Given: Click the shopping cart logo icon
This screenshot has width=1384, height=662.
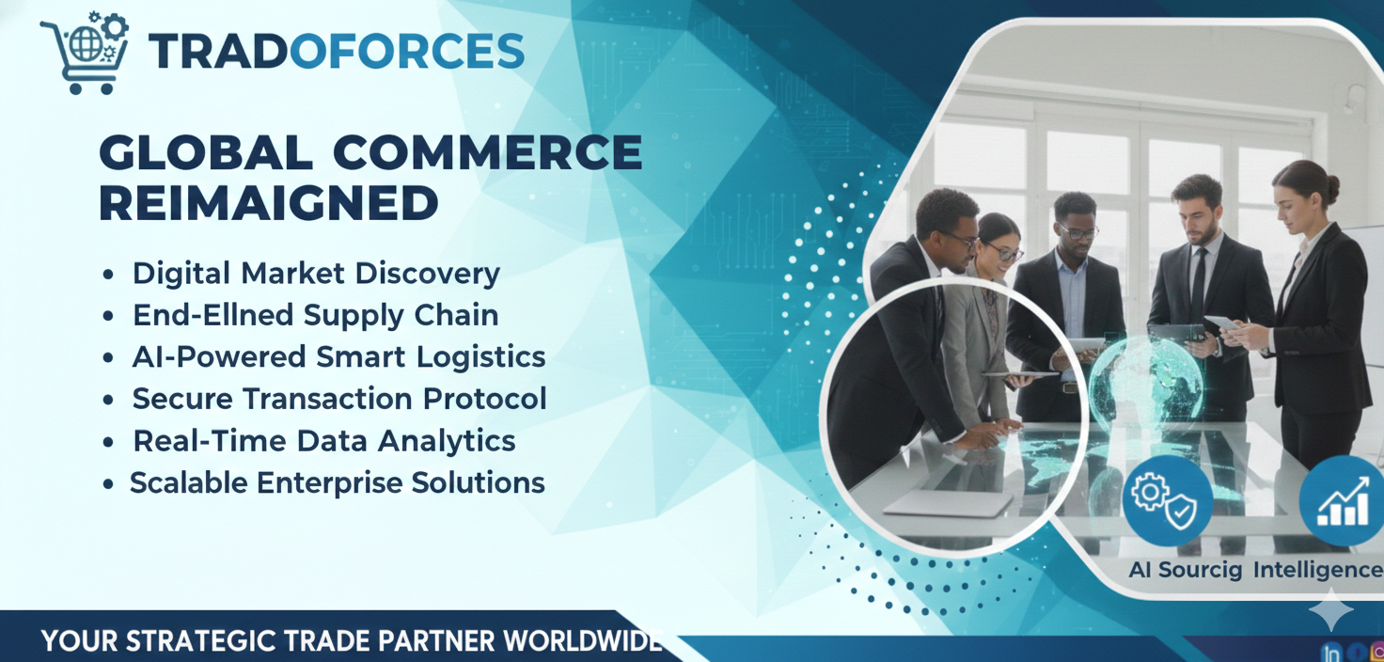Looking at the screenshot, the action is [x=85, y=54].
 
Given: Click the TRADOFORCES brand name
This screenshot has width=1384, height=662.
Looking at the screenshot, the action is [x=337, y=52].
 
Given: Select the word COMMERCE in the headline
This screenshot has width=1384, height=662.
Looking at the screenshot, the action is [x=488, y=152].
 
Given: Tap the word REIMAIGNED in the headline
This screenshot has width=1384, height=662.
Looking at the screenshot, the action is [x=269, y=203].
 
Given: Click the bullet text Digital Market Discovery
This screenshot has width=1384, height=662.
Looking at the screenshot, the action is [x=316, y=274].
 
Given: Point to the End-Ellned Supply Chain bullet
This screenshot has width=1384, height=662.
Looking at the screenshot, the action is [x=316, y=315].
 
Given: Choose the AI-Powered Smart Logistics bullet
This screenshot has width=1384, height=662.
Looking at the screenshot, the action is [x=338, y=356].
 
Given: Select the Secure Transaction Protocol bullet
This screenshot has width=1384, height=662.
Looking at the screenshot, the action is [x=339, y=398].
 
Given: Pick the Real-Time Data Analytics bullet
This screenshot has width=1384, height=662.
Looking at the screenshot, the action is [x=324, y=441].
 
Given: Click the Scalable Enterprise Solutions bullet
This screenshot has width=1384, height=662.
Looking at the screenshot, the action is [x=338, y=482].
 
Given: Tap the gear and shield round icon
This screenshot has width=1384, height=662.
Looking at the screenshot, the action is [x=1167, y=500].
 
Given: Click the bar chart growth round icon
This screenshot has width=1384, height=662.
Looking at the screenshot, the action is [x=1342, y=500].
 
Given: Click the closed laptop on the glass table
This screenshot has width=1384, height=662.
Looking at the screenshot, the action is [x=949, y=503].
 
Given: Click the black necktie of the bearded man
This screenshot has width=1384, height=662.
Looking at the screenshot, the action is [x=1199, y=283].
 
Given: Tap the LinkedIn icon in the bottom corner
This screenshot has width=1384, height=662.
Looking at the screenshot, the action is [x=1331, y=653].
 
